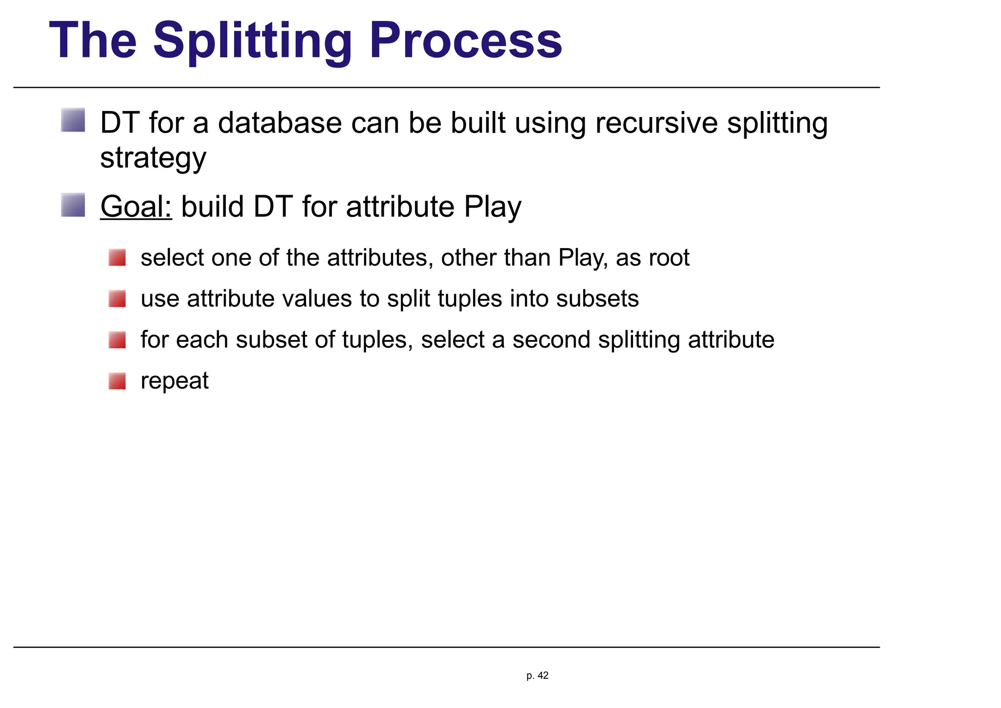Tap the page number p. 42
pos(537,676)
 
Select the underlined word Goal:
pos(136,206)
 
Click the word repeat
pos(174,381)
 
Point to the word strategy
pos(153,159)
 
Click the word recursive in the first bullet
pos(656,123)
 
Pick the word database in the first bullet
pos(279,123)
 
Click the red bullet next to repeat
pos(117,381)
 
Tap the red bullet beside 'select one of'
pos(117,257)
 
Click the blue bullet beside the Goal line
pos(73,205)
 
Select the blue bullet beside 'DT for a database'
pos(73,120)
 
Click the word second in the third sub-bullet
pos(551,340)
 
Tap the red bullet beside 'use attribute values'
pos(117,298)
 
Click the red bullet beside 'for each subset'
pos(117,340)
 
